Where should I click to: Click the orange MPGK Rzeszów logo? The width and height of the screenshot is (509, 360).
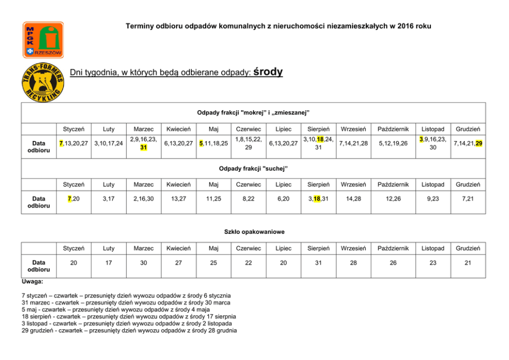coord(43,39)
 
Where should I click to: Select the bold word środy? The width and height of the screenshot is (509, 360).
coord(268,72)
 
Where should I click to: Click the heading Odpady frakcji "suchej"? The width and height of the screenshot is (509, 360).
coord(253,168)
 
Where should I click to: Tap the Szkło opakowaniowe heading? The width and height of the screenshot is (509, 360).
coord(254,232)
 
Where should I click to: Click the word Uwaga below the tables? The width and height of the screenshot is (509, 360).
coord(32,282)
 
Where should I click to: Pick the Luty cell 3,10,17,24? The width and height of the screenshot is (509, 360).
coord(108,143)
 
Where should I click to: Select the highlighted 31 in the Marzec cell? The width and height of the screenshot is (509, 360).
coord(144,147)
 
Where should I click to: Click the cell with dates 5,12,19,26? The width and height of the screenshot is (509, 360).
coord(391,143)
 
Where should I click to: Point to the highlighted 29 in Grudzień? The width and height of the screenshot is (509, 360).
coord(478,143)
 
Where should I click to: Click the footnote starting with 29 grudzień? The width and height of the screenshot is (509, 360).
coord(129,331)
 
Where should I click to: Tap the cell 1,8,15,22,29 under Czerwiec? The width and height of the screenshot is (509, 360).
coord(248,143)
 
